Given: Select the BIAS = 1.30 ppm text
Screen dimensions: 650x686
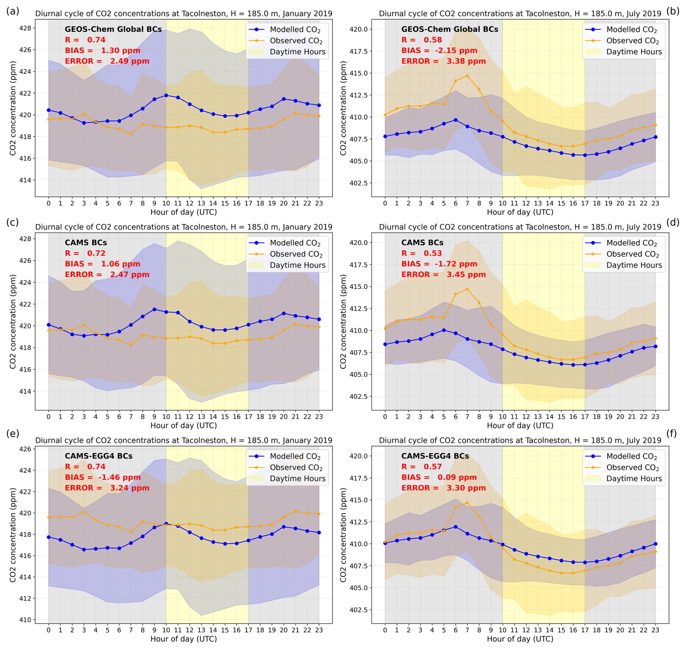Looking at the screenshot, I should coord(103,50).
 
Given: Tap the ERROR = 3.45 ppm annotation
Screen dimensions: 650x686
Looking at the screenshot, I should coord(443,274).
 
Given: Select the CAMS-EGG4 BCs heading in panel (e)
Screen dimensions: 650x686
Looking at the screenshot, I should coord(99,456).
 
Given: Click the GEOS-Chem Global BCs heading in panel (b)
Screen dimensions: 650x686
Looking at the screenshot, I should coord(450,29).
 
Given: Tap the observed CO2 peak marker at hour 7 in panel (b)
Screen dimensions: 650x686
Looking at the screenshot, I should coord(467,76).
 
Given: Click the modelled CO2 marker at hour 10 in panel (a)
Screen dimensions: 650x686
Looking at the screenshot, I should coord(166,95).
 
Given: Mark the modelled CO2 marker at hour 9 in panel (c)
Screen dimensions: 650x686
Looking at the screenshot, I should coord(154,309).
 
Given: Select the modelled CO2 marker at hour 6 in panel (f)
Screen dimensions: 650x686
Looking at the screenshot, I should coord(455,527).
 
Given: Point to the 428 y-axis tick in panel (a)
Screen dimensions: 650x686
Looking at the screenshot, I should coord(27,28).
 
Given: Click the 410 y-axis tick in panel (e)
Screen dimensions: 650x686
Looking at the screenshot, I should coord(27,620).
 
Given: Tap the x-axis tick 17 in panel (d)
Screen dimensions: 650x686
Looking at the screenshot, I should coord(584,417).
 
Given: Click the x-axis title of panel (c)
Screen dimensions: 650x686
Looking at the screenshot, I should coord(183,425).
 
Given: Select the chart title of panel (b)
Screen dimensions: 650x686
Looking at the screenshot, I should coord(520,14).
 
